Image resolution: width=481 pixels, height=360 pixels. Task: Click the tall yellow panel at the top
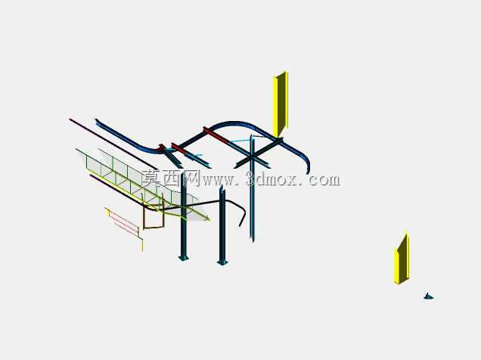281,104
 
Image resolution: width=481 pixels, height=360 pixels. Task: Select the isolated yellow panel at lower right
402,258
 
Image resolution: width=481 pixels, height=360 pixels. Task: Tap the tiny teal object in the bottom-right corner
428,296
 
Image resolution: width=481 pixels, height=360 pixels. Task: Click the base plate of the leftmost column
184,258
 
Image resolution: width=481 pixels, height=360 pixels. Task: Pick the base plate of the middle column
222,262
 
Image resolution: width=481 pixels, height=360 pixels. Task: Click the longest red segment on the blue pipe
216,135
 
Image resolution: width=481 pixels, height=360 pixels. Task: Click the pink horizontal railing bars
123,222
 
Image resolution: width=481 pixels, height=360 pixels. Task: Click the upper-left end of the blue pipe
98,122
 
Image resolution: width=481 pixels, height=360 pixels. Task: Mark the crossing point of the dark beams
252,157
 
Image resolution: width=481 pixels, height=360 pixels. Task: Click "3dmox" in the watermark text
272,180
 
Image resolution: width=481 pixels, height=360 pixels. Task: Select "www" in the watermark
218,181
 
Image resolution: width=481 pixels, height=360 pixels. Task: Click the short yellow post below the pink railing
142,245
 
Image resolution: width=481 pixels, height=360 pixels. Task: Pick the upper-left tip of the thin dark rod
70,119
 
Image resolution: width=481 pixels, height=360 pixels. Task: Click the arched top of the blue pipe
232,123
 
